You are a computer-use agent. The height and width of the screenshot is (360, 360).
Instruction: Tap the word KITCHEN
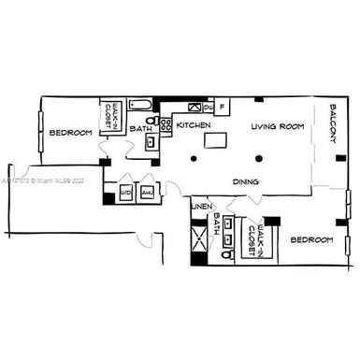tap(194, 125)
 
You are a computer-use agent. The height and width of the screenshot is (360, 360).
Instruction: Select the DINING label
tap(246, 181)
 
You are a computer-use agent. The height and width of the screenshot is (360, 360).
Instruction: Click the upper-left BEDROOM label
tap(71, 133)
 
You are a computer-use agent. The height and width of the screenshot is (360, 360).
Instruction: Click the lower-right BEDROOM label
tap(311, 240)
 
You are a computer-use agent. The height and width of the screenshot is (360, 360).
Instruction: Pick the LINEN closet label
tap(200, 207)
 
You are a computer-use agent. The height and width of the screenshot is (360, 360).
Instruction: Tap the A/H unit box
tap(148, 193)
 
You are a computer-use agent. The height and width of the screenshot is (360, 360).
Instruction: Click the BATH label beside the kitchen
tap(141, 128)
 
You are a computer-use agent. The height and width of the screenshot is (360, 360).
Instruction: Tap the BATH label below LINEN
tap(217, 223)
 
